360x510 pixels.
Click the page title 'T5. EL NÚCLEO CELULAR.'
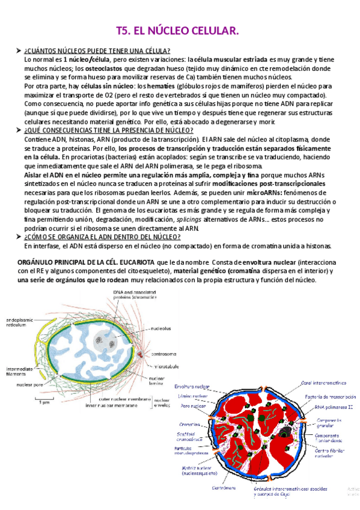pyautogui.click(x=177, y=30)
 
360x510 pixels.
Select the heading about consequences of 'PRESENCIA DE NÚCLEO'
pyautogui.click(x=109, y=131)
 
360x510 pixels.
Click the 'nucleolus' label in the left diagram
pyautogui.click(x=161, y=328)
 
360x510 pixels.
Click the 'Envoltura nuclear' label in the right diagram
pyautogui.click(x=191, y=387)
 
